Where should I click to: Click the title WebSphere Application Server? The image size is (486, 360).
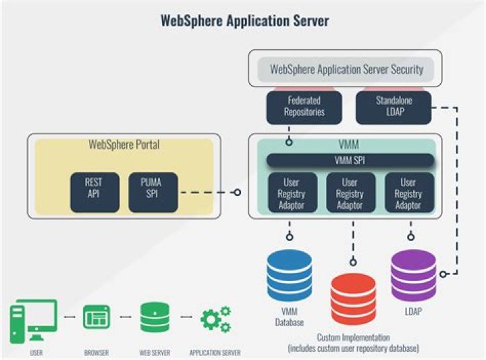pyautogui.click(x=244, y=20)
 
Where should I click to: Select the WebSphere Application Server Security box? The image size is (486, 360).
pyautogui.click(x=346, y=69)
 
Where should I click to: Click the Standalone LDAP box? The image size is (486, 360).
pyautogui.click(x=394, y=105)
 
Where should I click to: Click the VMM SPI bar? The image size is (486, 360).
pyautogui.click(x=350, y=161)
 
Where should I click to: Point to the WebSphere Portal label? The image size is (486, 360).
pyautogui.click(x=124, y=145)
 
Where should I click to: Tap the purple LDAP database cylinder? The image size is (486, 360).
pyautogui.click(x=413, y=274)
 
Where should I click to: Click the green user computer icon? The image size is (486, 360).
pyautogui.click(x=33, y=322)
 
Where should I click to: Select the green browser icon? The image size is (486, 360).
pyautogui.click(x=97, y=317)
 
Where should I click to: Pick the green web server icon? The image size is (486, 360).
pyautogui.click(x=155, y=317)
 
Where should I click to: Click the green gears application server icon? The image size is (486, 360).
pyautogui.click(x=215, y=318)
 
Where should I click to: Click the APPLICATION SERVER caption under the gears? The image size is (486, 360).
pyautogui.click(x=215, y=353)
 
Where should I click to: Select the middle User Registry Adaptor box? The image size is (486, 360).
pyautogui.click(x=350, y=192)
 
